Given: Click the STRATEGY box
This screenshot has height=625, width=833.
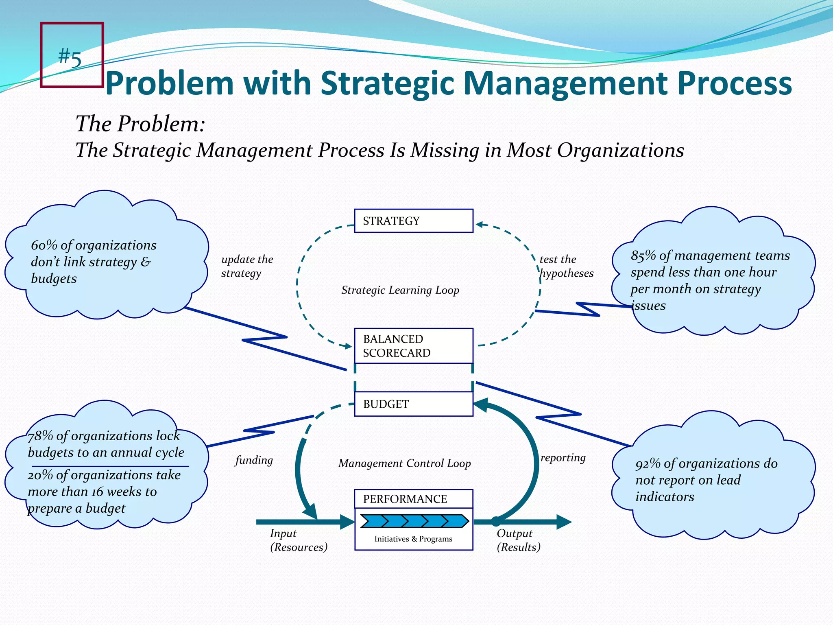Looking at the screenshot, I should pos(413,221).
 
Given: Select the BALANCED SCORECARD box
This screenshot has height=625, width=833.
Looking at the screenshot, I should pos(413,346).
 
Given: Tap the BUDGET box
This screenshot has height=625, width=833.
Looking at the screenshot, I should pos(413,404).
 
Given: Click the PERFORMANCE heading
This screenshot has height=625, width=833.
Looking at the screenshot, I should pos(405,499).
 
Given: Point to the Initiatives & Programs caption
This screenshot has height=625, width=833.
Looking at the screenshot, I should pos(413,539).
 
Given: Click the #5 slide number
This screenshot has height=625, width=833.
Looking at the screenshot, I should pos(70,57).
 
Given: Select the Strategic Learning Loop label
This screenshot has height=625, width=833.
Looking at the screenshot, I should pos(400,290).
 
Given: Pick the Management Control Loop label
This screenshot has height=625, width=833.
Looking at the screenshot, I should pos(404,463).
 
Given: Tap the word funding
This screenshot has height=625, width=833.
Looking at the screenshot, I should pos(254,460).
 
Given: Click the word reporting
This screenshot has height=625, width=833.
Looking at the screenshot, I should pos(563,458).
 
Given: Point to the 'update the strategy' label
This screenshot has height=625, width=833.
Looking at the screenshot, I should pos(247,266).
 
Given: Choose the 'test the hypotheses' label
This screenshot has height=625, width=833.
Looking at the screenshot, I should pos(566,266).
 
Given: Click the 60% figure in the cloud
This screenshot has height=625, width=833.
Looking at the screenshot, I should pos(44,245).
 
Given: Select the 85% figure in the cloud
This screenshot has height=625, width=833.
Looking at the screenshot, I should pos(643,256).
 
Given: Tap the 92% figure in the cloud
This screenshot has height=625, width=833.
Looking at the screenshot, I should pos(648,463).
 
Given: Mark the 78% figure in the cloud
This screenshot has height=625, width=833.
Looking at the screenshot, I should pos(40,436).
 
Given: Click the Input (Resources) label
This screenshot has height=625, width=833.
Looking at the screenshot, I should pos(299,540).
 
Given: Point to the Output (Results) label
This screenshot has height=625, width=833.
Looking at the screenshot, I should pos(518,540).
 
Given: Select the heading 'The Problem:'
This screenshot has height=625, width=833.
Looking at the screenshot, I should pos(140,124).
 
